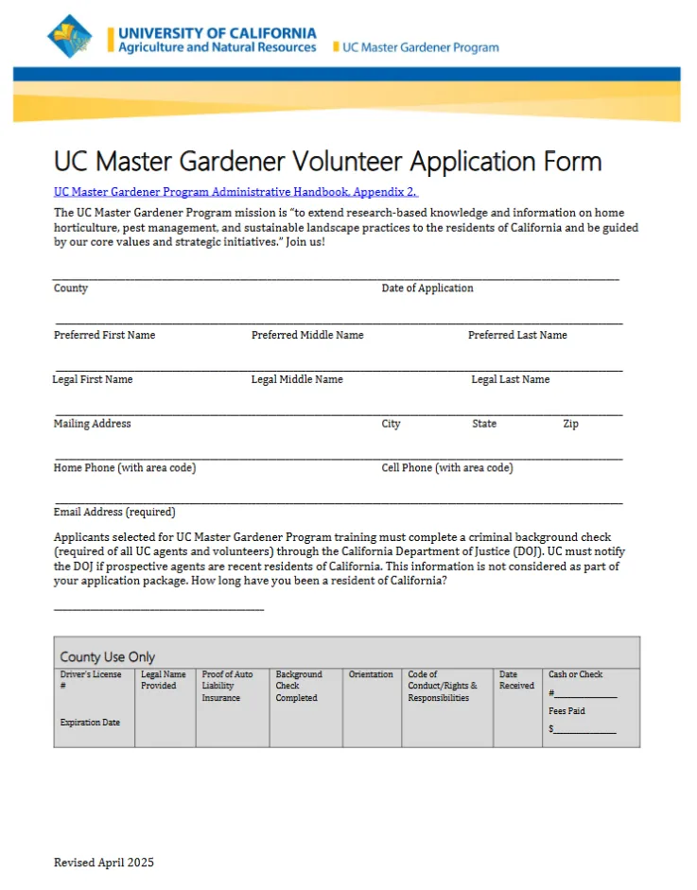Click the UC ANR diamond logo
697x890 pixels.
71,37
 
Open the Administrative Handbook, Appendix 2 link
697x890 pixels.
235,191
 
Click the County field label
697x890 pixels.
71,288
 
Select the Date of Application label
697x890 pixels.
427,288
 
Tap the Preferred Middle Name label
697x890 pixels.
307,335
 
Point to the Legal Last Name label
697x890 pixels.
510,379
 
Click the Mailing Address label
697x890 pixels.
93,424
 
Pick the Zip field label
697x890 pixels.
570,424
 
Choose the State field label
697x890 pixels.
484,424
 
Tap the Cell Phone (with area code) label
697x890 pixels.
447,468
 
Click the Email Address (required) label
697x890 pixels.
114,513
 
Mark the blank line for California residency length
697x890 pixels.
159,609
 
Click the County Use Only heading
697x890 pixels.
108,656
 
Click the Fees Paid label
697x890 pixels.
566,711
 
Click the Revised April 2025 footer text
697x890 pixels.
103,863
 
